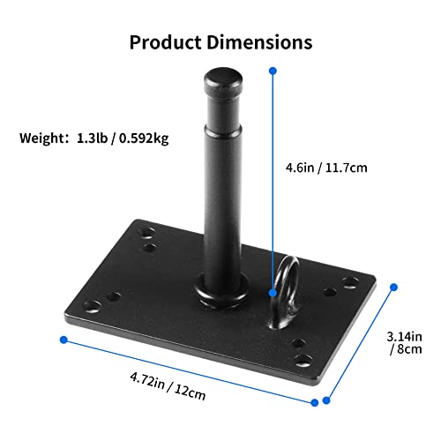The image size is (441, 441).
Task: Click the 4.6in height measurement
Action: coord(298,164)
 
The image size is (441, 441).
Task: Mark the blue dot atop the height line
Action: coord(273,69)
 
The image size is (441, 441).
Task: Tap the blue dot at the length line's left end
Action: coord(64,339)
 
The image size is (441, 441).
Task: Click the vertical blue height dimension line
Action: coord(273,176)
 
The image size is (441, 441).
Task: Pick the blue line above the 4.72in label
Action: coord(190,358)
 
